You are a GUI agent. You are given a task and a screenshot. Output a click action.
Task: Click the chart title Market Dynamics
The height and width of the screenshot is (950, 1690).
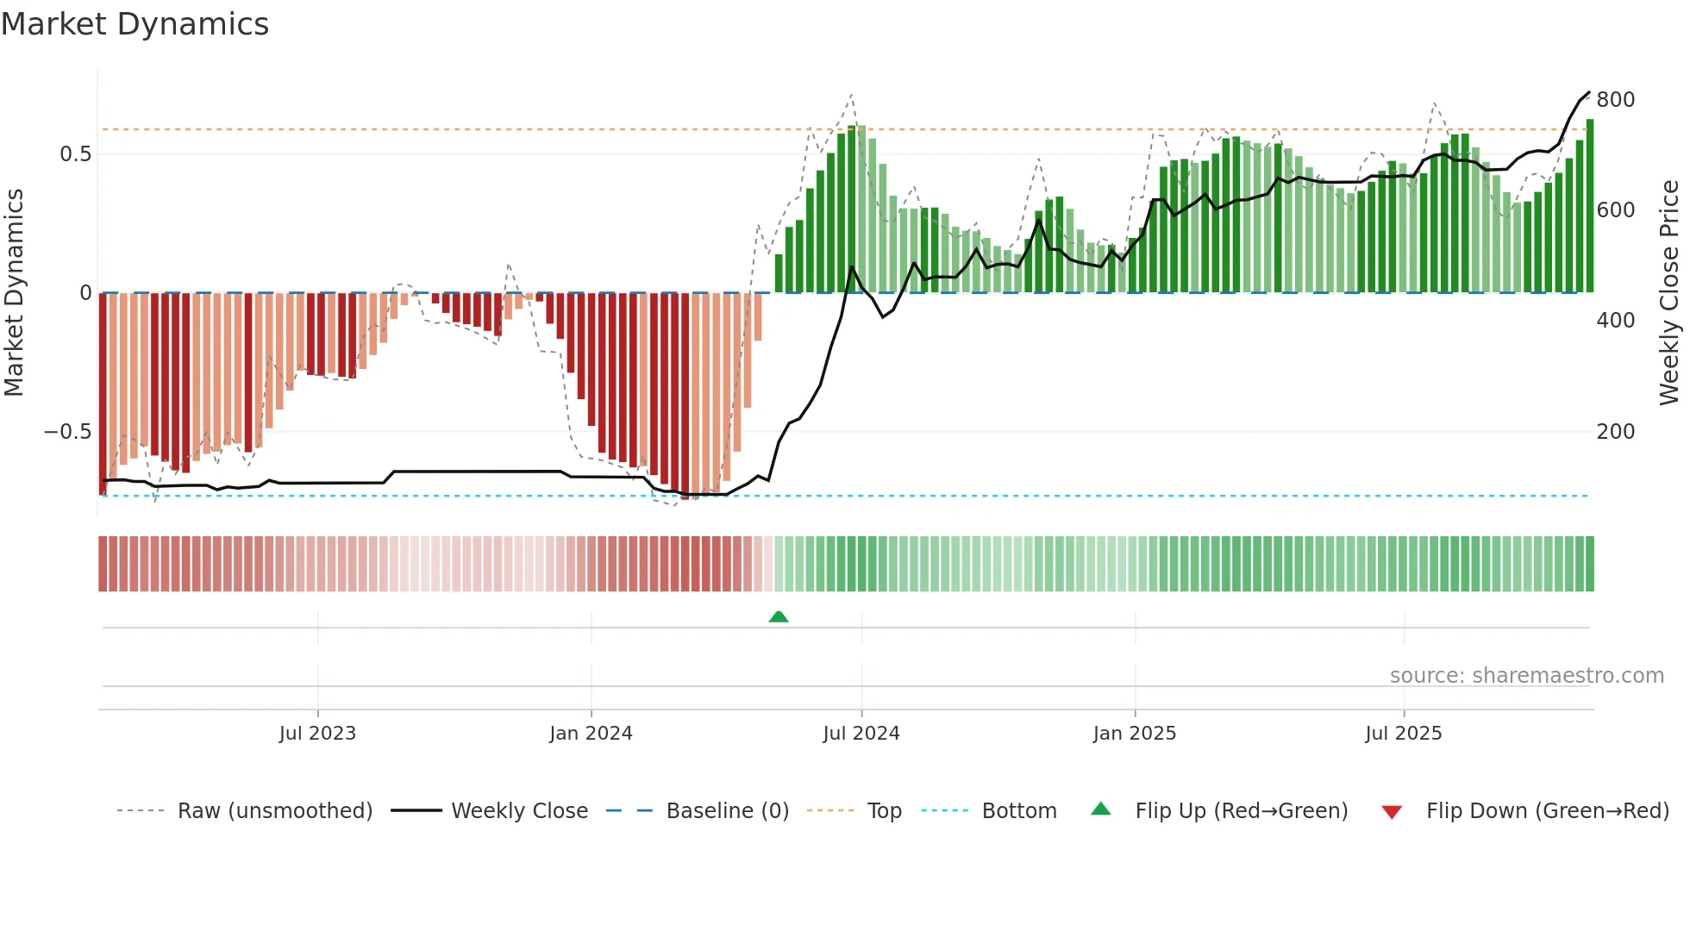pyautogui.click(x=135, y=24)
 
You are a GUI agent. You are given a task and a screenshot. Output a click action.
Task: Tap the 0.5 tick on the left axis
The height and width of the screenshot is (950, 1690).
pyautogui.click(x=75, y=154)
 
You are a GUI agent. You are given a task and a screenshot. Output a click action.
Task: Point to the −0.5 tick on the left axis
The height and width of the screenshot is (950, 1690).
pyautogui.click(x=68, y=431)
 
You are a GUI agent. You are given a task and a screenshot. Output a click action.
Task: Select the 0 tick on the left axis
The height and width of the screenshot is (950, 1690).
pyautogui.click(x=85, y=293)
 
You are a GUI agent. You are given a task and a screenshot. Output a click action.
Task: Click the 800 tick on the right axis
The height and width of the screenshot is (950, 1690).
pyautogui.click(x=1615, y=100)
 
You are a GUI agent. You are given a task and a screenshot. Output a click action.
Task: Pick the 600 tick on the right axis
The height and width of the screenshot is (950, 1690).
pyautogui.click(x=1615, y=210)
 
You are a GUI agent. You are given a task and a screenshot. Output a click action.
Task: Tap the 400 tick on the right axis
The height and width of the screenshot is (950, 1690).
pyautogui.click(x=1615, y=321)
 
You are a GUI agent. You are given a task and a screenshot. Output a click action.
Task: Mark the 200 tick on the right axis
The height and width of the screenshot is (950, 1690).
pyautogui.click(x=1615, y=431)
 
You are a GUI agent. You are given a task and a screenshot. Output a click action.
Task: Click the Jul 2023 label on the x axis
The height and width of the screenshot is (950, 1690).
pyautogui.click(x=317, y=734)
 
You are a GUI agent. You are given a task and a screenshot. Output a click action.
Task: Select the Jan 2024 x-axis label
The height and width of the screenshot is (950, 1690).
pyautogui.click(x=591, y=734)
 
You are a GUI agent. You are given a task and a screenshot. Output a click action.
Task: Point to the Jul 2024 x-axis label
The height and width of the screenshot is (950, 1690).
pyautogui.click(x=861, y=734)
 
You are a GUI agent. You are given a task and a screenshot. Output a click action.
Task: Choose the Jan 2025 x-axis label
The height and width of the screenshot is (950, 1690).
pyautogui.click(x=1134, y=734)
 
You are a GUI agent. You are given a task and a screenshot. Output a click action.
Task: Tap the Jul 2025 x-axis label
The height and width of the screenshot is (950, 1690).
pyautogui.click(x=1403, y=734)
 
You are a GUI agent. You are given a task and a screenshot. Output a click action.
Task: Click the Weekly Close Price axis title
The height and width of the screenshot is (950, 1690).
pyautogui.click(x=1669, y=293)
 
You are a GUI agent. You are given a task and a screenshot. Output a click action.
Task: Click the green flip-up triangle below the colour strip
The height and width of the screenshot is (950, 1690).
pyautogui.click(x=779, y=616)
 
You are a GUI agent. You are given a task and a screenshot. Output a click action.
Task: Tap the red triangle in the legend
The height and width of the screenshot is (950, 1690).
pyautogui.click(x=1392, y=812)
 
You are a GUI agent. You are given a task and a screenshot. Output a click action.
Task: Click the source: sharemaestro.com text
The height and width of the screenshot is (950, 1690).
pyautogui.click(x=1526, y=676)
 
